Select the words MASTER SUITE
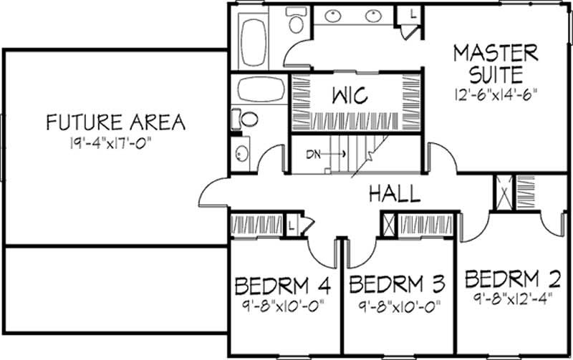click(495, 62)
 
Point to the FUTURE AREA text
click(115, 122)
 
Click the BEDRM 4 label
click(283, 286)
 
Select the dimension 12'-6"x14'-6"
click(495, 93)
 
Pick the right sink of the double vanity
click(372, 15)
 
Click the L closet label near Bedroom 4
click(293, 223)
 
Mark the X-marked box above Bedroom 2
click(504, 191)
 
